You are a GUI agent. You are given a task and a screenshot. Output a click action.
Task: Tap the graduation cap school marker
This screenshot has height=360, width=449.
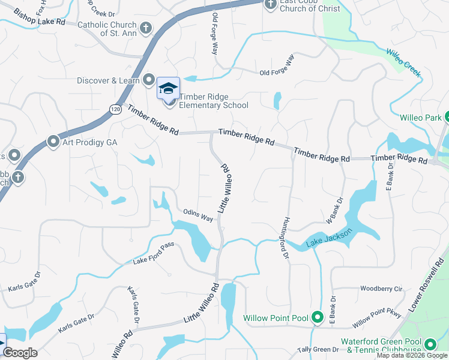tap(168, 88)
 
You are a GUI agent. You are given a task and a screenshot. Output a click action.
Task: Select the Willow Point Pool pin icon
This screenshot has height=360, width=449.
tap(318, 317)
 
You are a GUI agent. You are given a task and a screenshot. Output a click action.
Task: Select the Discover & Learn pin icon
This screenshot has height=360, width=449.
tap(149, 80)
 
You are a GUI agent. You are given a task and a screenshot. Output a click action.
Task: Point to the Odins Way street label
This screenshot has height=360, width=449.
tap(199, 215)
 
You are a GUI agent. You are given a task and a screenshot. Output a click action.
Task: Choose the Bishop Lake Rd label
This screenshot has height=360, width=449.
tap(39, 17)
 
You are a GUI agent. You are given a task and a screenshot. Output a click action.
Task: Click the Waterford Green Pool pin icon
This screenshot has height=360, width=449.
tap(430, 344)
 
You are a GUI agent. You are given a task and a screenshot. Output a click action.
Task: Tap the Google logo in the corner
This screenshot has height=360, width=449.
tap(20, 353)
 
